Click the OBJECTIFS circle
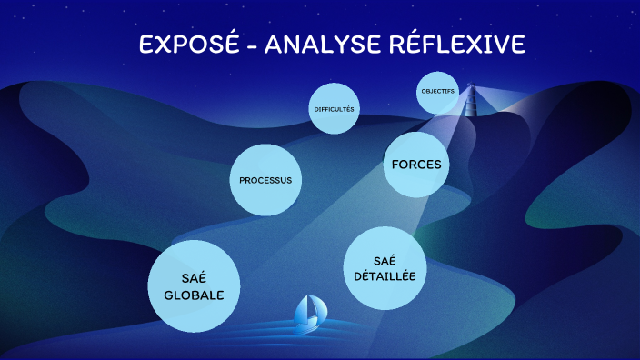[x=438, y=92]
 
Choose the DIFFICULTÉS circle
[x=335, y=109]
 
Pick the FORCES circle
[x=416, y=165]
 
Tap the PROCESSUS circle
[x=265, y=180]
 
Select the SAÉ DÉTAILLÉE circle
[x=385, y=267]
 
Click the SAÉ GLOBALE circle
[x=193, y=285]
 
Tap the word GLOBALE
[x=193, y=295]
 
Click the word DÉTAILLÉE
[x=385, y=275]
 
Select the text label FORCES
[x=416, y=165]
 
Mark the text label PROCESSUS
[x=265, y=180]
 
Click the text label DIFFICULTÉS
[x=335, y=109]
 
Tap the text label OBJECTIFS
[x=438, y=92]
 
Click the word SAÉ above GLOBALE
[x=193, y=276]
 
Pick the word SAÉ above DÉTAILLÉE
[x=385, y=259]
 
